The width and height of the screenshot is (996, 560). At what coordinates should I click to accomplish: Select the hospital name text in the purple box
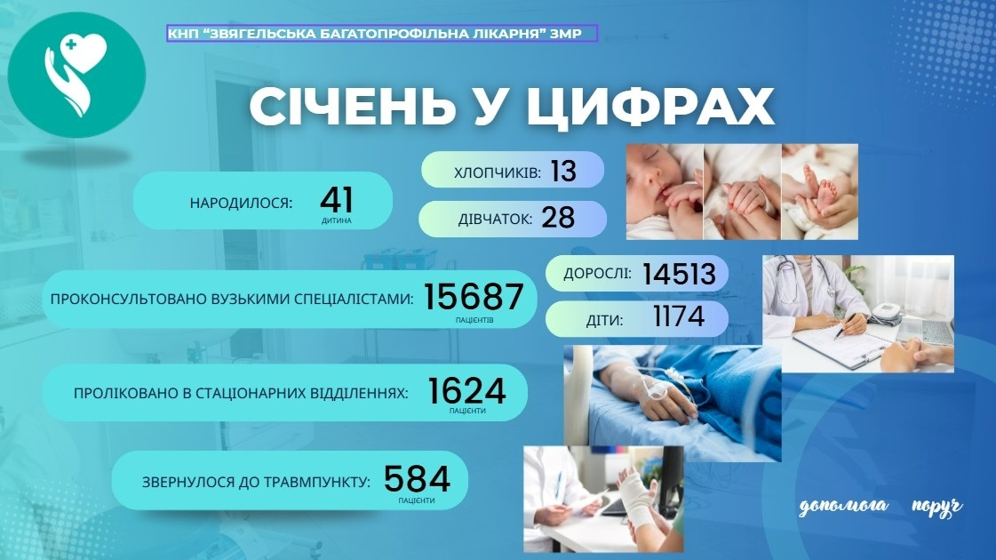382,34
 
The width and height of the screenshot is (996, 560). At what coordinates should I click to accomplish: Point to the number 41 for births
337,200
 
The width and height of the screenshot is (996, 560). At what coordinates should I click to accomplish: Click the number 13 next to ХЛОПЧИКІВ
563,171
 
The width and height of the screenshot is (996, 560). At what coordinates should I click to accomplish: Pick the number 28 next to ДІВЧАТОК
558,219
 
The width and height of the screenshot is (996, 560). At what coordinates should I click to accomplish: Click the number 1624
466,390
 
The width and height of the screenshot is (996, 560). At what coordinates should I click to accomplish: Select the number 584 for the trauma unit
418,480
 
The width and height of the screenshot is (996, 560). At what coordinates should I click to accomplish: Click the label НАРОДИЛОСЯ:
241,204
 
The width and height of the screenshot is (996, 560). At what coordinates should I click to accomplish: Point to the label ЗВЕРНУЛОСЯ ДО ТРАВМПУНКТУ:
256,484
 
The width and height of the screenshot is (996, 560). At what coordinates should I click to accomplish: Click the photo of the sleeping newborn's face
664,191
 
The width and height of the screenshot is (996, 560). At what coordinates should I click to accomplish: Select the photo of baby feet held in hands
819,191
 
